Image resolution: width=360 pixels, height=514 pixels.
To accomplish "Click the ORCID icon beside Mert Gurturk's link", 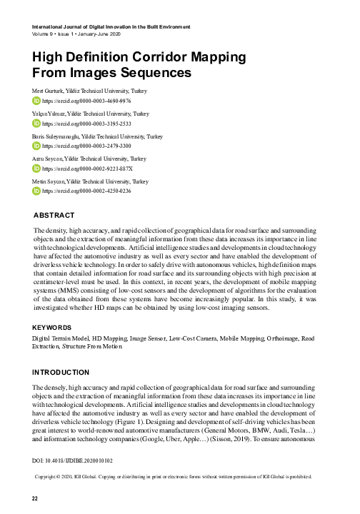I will click(x=37, y=101).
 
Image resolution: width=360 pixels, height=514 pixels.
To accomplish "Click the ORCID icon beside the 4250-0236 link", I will click(x=37, y=191).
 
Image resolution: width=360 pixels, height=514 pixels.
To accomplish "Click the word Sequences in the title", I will click(x=156, y=73).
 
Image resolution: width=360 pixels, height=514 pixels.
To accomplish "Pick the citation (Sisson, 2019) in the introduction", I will click(x=268, y=440).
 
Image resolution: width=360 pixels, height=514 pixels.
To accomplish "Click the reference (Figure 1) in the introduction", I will click(x=159, y=422).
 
